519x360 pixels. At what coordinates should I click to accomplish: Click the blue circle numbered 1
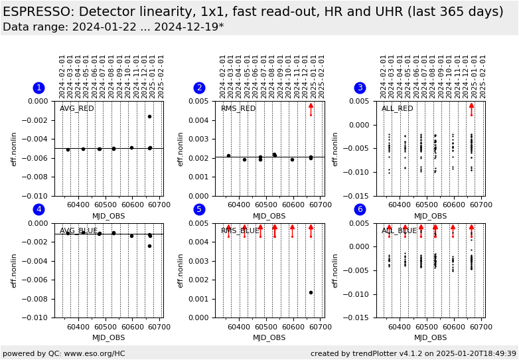tap(38, 88)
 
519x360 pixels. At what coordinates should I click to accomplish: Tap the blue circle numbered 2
tap(199, 88)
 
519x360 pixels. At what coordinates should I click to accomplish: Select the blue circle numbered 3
tap(360, 88)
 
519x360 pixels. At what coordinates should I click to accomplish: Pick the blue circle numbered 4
tap(38, 209)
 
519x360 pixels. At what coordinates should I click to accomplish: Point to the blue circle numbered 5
tap(199, 209)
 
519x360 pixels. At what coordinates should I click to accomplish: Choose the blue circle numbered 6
tap(360, 209)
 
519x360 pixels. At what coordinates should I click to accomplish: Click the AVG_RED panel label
tap(77, 109)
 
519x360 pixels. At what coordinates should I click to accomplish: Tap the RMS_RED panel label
tap(238, 109)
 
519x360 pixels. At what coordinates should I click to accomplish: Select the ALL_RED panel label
tap(398, 109)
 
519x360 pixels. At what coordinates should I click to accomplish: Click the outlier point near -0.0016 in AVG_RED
tap(149, 116)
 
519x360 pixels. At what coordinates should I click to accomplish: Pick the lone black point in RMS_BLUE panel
tap(311, 292)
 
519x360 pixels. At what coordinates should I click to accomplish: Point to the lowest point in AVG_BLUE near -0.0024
tap(149, 246)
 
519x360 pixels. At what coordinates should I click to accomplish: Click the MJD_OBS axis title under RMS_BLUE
tap(269, 337)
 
